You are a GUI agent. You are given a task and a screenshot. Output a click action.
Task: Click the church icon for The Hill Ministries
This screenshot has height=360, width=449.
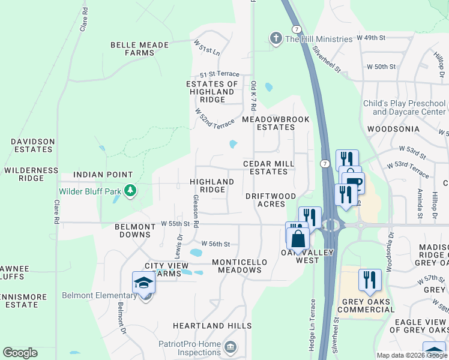click(x=276, y=39)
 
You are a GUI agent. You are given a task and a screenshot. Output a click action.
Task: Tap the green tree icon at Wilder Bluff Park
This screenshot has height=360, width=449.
click(x=129, y=192)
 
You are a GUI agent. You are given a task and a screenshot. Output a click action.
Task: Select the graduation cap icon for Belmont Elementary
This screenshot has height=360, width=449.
click(x=144, y=283)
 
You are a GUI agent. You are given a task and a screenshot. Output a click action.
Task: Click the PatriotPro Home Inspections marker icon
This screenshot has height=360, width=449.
click(x=230, y=348)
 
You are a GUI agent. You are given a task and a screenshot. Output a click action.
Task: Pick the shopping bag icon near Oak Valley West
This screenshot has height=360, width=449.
click(x=298, y=238)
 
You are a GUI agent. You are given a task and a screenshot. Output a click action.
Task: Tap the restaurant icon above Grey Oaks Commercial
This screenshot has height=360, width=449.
click(x=370, y=280)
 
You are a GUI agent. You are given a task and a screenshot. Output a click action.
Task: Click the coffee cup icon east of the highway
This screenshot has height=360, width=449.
click(x=352, y=183)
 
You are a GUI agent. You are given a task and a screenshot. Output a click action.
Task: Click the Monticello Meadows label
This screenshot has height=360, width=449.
click(x=237, y=266)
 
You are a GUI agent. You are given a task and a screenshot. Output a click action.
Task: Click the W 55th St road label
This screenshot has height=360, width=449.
click(x=175, y=224)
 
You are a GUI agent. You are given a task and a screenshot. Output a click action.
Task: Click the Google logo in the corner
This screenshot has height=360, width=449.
click(x=20, y=353)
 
